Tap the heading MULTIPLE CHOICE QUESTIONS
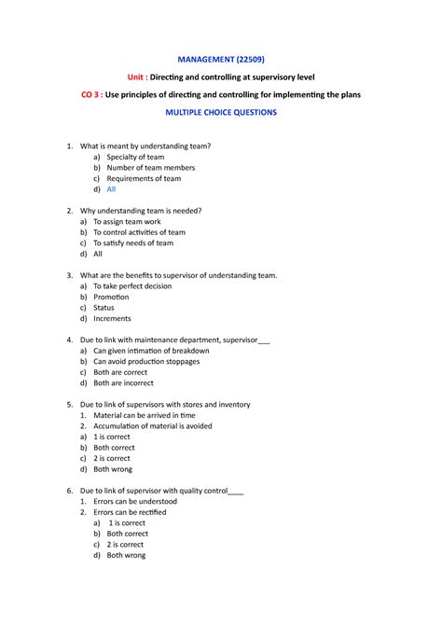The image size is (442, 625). tap(221, 113)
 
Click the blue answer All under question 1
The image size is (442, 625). tap(111, 189)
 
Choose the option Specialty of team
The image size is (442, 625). tap(135, 157)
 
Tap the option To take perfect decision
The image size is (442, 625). tap(139, 286)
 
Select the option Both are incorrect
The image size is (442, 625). tap(130, 383)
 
